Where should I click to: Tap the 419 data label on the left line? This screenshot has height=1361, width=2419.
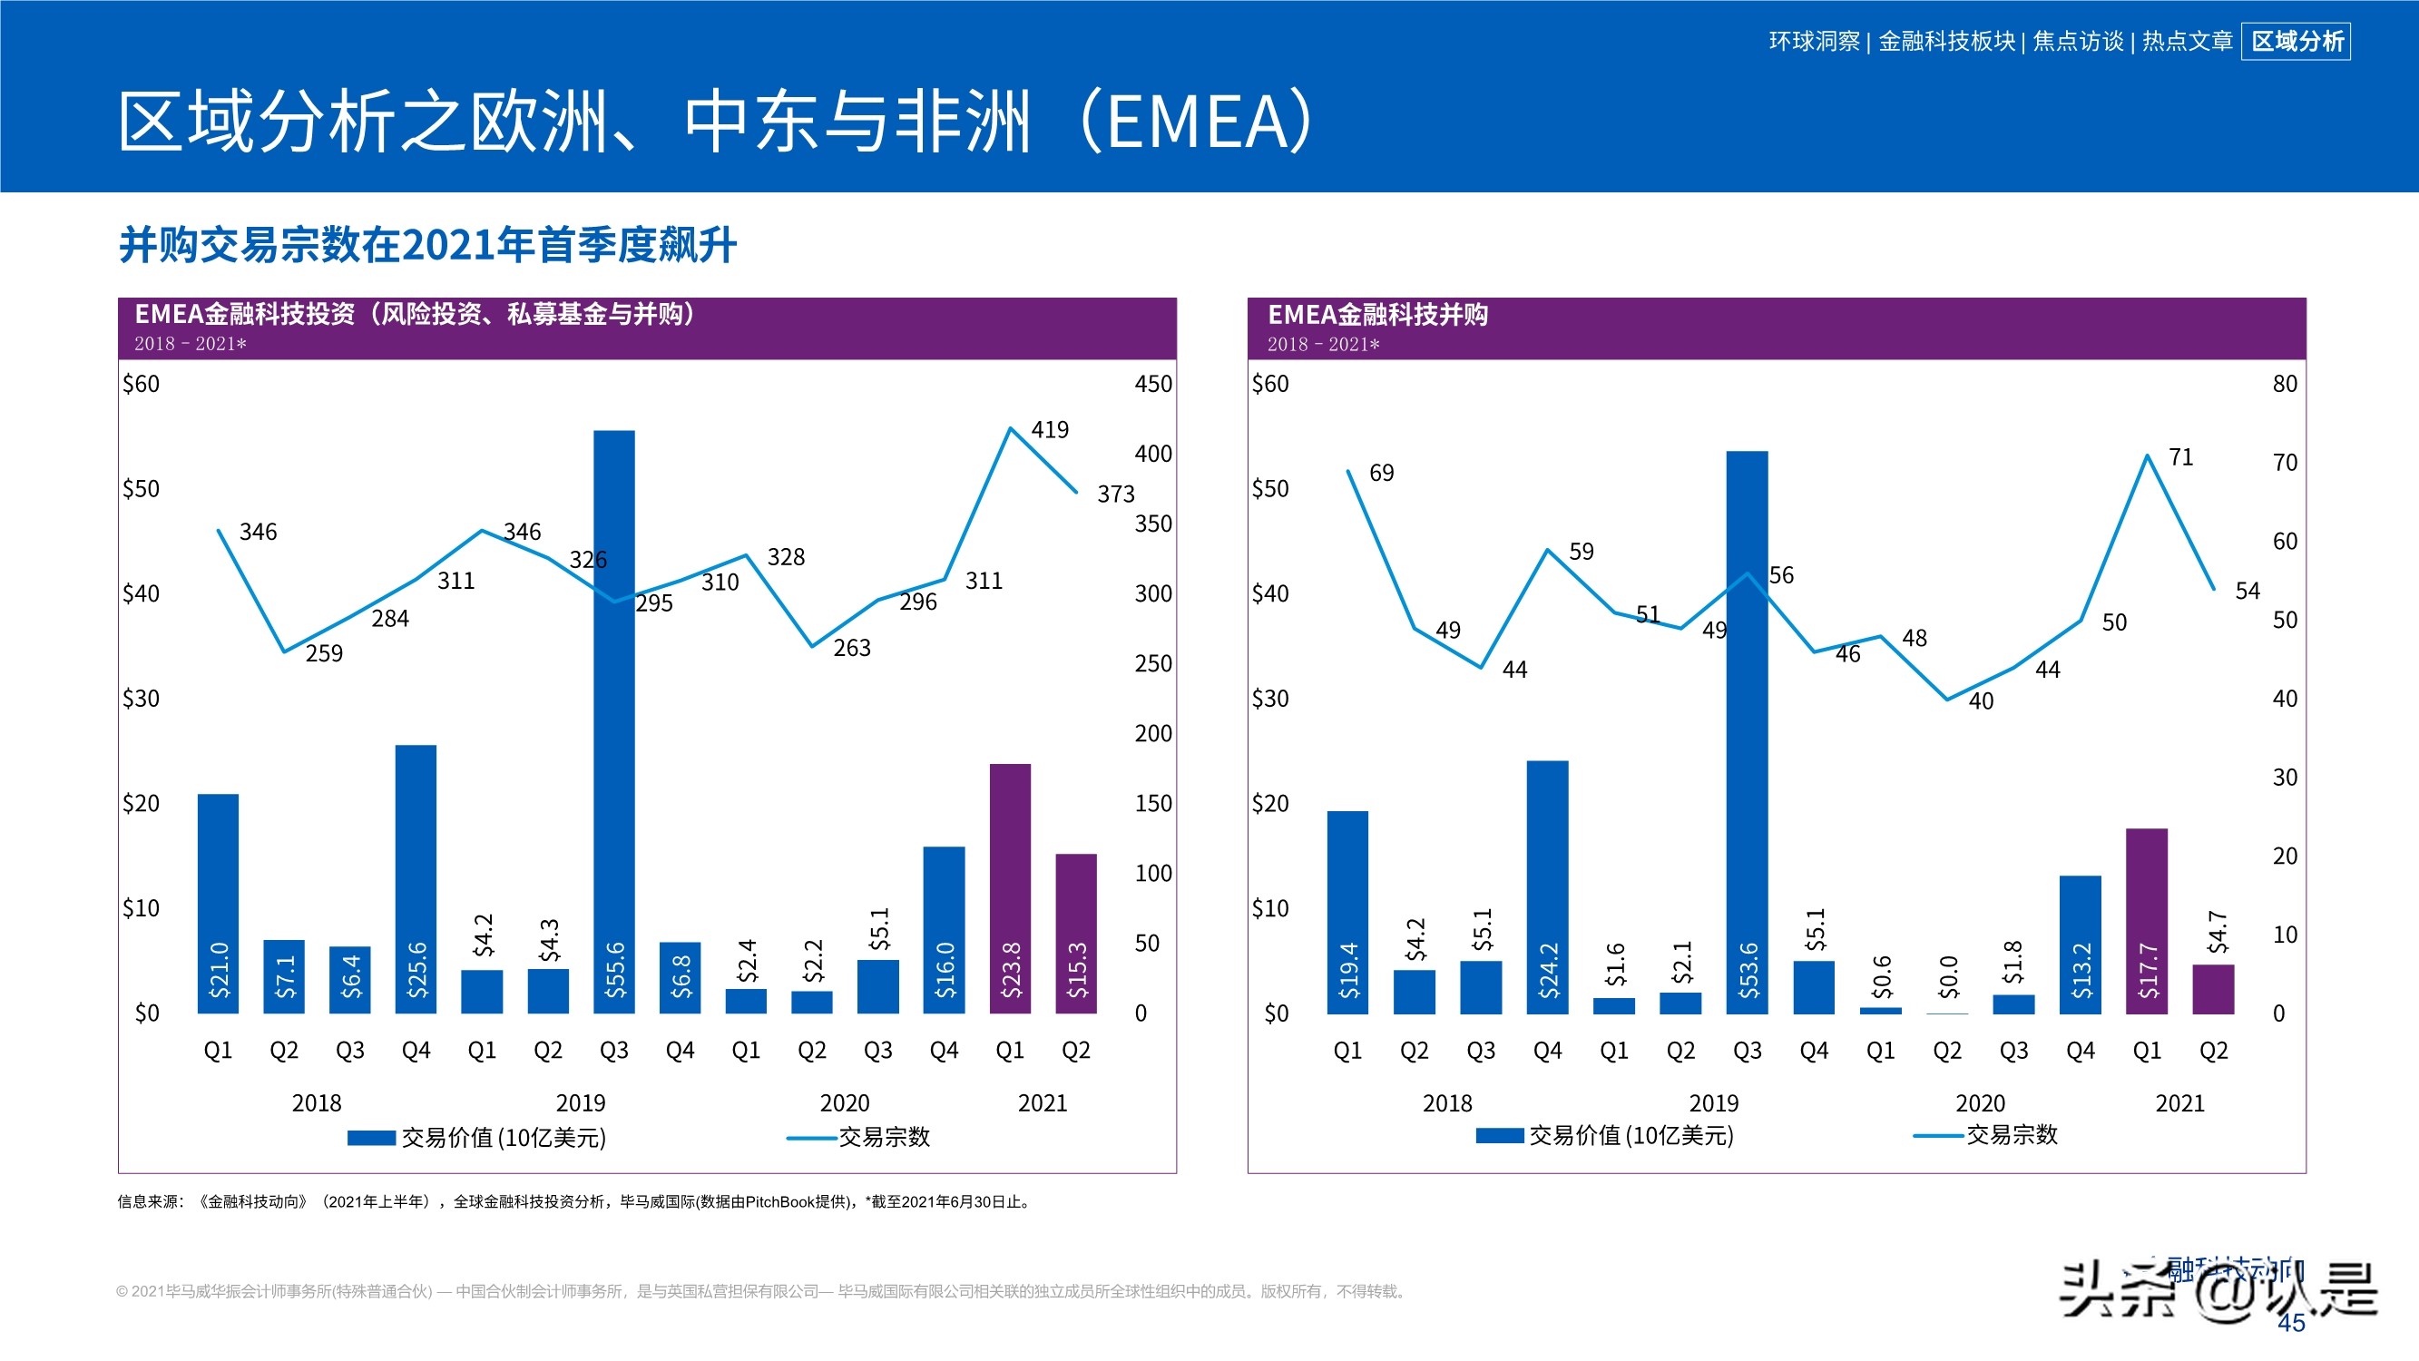click(1049, 429)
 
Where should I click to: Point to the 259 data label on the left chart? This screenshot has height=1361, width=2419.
click(324, 652)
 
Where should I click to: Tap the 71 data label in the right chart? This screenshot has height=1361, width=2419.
click(2180, 457)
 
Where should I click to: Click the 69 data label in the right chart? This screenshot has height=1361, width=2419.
click(1381, 473)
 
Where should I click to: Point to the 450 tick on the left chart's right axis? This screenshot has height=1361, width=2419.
click(1152, 383)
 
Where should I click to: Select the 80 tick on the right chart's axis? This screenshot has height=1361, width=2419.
click(2284, 383)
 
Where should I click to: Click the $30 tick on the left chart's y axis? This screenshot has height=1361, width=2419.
click(141, 698)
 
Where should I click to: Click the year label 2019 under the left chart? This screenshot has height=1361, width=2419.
click(581, 1102)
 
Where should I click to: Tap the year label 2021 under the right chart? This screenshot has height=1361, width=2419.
click(2179, 1102)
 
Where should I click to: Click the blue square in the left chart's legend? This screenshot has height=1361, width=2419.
click(371, 1138)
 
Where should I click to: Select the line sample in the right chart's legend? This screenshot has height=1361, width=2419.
click(1937, 1136)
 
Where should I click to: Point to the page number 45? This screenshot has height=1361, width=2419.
click(2291, 1323)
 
